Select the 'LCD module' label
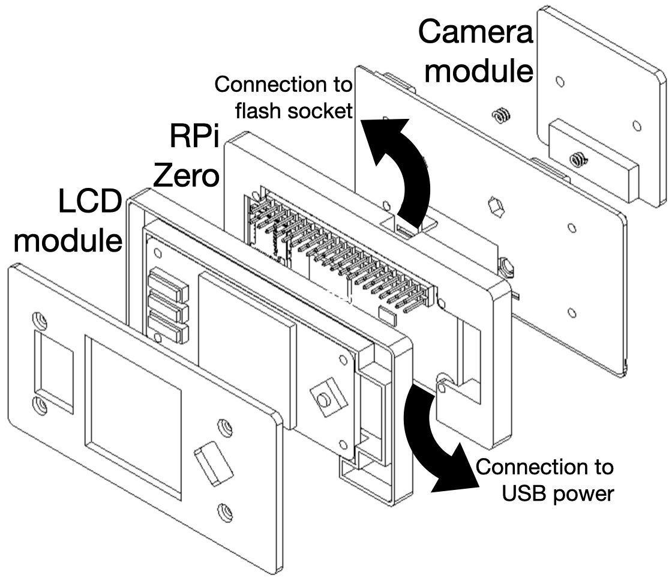(69, 222)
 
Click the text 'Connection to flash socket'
(283, 97)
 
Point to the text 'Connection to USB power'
(545, 480)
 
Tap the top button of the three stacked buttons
(169, 282)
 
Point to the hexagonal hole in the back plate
(497, 207)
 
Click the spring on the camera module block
(578, 160)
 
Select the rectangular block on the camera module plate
(591, 159)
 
